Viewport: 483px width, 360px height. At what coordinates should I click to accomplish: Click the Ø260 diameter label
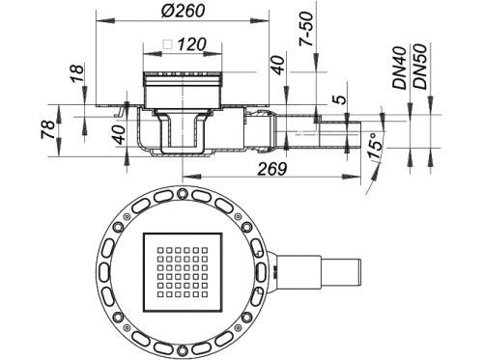click(184, 11)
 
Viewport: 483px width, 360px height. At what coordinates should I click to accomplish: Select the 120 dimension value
click(191, 44)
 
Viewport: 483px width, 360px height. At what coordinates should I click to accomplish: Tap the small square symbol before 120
click(168, 44)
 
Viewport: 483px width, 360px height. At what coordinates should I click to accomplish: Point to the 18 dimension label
click(78, 73)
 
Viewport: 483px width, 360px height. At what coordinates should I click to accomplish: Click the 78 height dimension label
click(48, 129)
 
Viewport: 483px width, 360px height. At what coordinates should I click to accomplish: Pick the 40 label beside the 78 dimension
click(118, 135)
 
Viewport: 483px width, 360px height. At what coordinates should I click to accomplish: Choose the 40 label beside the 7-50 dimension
click(279, 66)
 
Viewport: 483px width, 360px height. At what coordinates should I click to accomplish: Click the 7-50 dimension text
click(306, 29)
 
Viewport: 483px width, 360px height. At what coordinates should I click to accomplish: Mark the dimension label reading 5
click(341, 99)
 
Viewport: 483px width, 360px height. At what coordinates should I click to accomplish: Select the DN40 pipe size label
click(400, 68)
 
